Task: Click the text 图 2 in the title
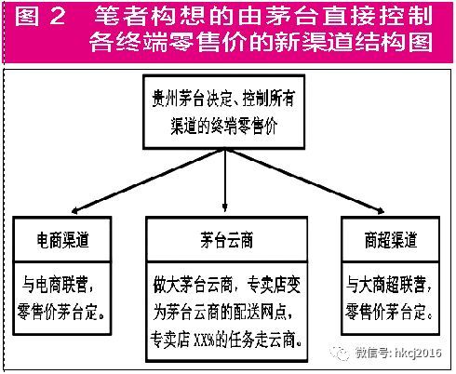click(40, 16)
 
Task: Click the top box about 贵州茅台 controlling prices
click(223, 112)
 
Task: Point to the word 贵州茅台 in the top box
click(178, 99)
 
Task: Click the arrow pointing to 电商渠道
click(148, 181)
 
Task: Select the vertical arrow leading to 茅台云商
click(225, 180)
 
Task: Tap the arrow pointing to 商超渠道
click(305, 181)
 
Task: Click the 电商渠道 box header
click(62, 239)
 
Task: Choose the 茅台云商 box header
click(227, 239)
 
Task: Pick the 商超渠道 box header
click(390, 239)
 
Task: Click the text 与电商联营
click(55, 285)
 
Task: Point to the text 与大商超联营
click(385, 285)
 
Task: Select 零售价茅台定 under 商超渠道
click(385, 312)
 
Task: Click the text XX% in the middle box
click(204, 341)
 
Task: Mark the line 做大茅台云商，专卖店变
click(227, 285)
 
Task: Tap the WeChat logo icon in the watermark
click(340, 353)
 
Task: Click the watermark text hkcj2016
click(418, 353)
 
